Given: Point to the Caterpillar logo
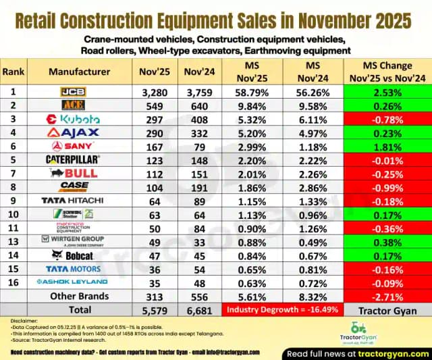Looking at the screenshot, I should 73,159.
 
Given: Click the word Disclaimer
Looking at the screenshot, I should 17,319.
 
